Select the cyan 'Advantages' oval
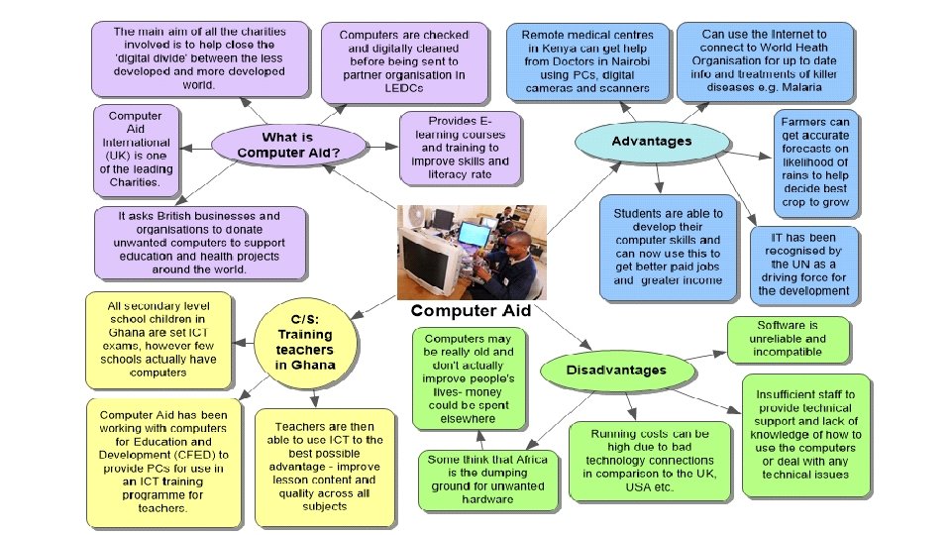click(x=651, y=142)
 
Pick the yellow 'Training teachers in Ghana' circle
click(x=305, y=342)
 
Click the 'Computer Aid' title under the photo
click(x=472, y=310)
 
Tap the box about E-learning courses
click(x=460, y=148)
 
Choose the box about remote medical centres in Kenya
click(x=584, y=61)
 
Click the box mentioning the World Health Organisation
click(x=763, y=61)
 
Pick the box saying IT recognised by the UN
click(x=803, y=265)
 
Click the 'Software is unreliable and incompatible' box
click(x=788, y=339)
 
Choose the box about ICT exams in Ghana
click(x=158, y=340)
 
